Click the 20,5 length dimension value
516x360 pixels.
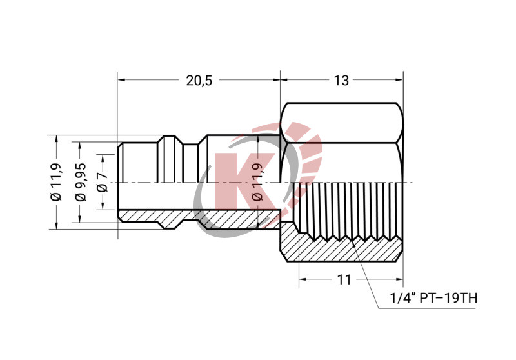199,81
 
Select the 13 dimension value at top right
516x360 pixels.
342,81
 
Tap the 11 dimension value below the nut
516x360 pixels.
344,280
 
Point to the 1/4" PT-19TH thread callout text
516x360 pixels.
433,299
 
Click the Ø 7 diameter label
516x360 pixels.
101,183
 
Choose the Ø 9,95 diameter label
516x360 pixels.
81,183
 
